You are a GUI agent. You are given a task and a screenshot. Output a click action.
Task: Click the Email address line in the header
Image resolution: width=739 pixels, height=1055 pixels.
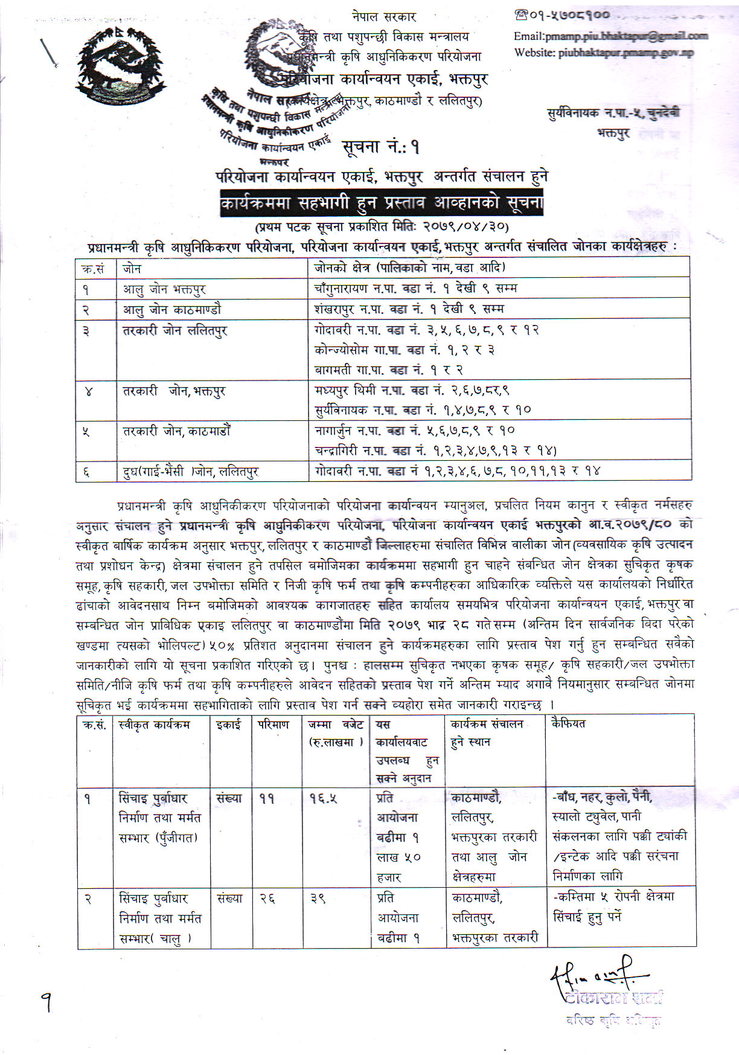610,36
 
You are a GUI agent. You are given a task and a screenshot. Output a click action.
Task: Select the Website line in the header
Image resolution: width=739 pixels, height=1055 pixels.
604,53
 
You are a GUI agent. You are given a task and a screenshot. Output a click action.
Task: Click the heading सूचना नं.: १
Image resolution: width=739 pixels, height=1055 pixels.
380,147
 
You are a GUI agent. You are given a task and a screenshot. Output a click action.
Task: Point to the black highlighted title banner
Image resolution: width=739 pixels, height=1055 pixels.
381,204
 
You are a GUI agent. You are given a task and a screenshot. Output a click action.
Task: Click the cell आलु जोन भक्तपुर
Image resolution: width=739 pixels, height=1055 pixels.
164,289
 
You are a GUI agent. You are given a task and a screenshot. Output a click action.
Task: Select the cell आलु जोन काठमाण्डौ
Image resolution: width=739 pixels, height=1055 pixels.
172,309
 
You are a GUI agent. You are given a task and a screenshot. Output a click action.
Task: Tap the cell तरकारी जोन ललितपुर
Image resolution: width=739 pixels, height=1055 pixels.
175,330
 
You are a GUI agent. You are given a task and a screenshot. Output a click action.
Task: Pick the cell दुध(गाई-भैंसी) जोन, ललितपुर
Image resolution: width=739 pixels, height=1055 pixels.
191,471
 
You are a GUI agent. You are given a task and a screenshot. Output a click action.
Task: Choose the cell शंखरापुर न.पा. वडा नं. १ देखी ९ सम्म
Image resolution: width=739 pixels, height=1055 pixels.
409,309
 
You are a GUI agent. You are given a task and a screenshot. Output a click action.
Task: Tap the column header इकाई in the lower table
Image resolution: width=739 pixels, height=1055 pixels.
228,724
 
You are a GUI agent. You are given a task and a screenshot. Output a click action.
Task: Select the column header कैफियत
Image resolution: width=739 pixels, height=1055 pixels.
568,723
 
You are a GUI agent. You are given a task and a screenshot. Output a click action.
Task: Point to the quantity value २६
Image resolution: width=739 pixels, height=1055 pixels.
267,899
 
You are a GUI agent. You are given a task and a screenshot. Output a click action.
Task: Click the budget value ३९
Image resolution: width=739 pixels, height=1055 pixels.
318,899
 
